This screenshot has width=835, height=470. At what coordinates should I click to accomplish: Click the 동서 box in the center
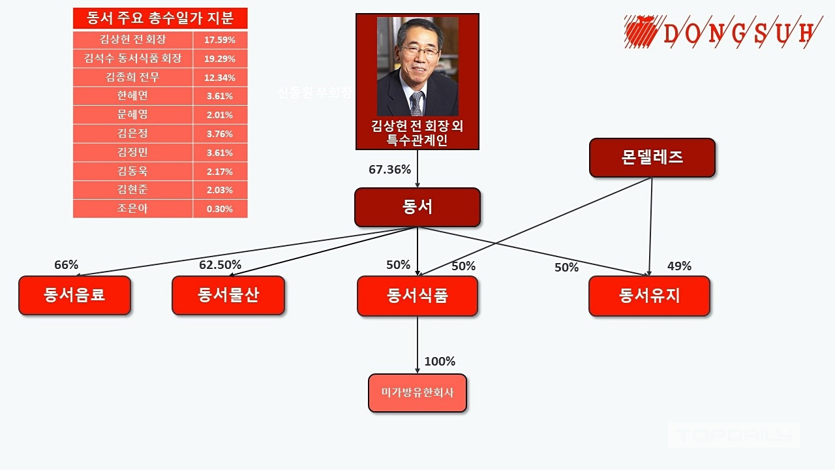(x=417, y=208)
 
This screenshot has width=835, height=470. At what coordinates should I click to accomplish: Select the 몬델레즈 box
(x=652, y=158)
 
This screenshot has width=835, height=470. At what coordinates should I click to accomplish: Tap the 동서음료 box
(x=74, y=295)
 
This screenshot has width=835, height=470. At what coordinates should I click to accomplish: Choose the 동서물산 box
(x=228, y=295)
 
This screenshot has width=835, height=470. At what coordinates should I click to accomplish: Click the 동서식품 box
(x=417, y=296)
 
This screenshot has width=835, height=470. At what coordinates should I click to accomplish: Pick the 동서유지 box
(x=649, y=296)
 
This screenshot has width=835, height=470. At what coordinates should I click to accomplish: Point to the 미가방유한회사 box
(x=417, y=393)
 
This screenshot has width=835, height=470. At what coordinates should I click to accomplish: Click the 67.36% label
(x=389, y=170)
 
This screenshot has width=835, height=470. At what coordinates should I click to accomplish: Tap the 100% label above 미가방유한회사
(x=440, y=362)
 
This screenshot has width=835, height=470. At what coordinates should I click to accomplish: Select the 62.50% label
(x=220, y=265)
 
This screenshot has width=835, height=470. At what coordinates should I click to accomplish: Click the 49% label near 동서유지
(x=679, y=266)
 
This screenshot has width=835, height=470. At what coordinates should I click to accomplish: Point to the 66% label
(x=66, y=265)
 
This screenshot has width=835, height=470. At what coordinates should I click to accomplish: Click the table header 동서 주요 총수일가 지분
(x=160, y=18)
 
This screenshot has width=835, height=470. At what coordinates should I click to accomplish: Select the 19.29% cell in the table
(x=220, y=59)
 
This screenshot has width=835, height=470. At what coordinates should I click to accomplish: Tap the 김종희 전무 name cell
(x=132, y=78)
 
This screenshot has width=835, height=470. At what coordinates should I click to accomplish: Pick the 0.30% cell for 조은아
(x=220, y=210)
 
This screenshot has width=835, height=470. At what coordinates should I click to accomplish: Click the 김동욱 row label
(x=132, y=172)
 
